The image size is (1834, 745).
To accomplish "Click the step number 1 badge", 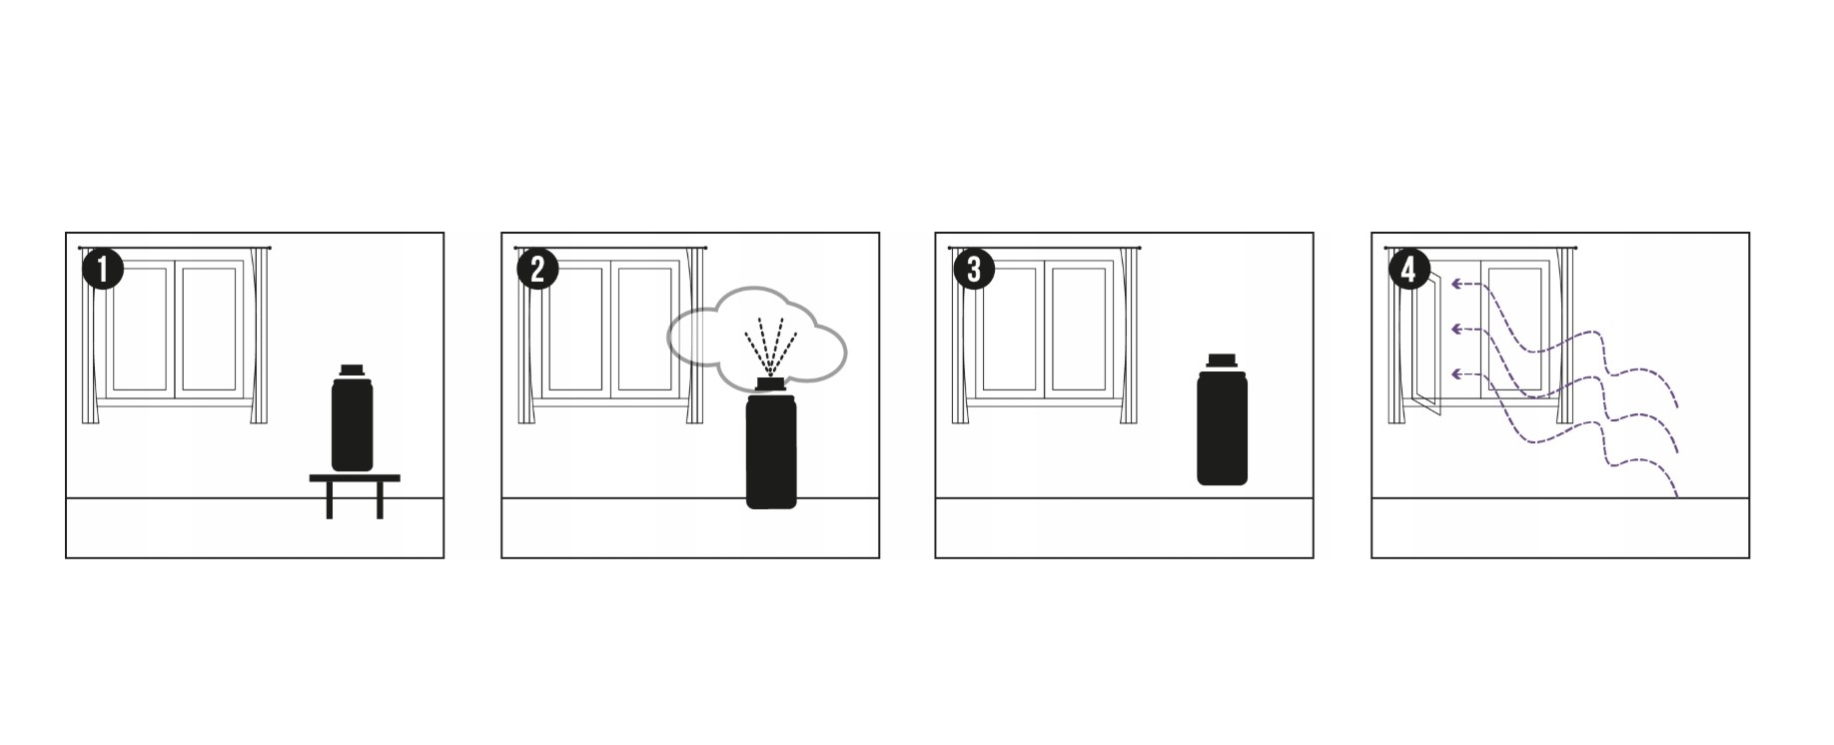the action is click(102, 270).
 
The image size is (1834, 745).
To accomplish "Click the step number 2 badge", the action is click(537, 270).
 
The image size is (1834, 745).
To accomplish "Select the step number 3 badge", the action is click(973, 270).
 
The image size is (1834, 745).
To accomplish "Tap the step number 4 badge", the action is click(1408, 270).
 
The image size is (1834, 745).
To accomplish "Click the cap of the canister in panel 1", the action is click(351, 371).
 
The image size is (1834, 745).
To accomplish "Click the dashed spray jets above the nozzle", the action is click(770, 346).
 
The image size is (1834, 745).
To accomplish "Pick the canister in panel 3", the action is click(1223, 419).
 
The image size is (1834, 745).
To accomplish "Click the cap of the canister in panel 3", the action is click(1223, 361).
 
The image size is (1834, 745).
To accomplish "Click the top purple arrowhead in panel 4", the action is click(1457, 285).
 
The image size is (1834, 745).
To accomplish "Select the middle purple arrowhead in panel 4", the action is click(1457, 329).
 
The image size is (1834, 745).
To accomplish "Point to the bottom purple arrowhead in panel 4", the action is click(1457, 373).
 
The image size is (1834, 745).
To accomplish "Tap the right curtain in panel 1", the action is click(261, 336).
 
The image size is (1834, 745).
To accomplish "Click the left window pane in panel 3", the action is click(1009, 329).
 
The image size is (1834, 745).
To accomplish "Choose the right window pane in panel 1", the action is click(209, 329).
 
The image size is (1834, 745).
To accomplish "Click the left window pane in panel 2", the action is click(573, 329).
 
